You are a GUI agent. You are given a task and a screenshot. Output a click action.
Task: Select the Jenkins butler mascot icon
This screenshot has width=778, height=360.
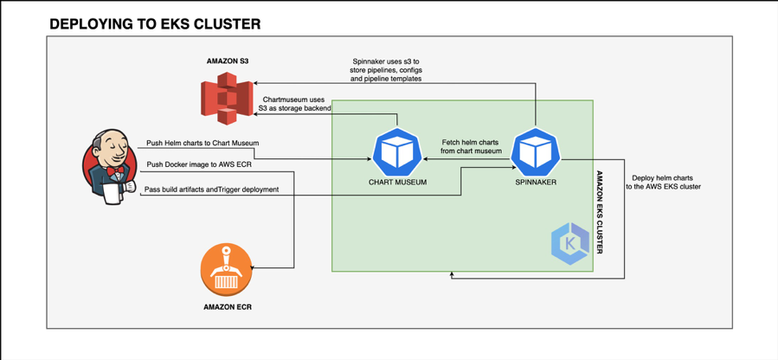[x=110, y=167]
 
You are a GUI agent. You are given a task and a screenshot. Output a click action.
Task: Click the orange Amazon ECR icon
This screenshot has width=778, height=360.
[x=228, y=271]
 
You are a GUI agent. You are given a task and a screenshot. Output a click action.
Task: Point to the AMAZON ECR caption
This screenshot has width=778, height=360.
[x=228, y=306]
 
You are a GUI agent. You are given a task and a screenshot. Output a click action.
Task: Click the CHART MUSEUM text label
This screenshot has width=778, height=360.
[x=397, y=183]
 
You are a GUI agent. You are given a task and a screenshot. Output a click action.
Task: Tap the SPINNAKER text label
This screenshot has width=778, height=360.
[x=536, y=183]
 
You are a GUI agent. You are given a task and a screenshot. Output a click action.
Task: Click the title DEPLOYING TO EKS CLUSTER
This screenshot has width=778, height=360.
[x=155, y=24]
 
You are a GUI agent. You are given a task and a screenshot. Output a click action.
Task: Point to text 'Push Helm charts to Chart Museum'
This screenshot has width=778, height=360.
[x=202, y=142]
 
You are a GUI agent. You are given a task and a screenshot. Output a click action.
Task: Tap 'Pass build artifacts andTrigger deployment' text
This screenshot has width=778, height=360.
[x=211, y=189]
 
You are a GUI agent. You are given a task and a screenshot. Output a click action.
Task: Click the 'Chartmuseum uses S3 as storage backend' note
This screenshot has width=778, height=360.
[x=293, y=104]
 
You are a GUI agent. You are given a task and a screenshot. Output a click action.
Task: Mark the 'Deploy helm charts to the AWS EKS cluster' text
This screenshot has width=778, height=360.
[x=666, y=181]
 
